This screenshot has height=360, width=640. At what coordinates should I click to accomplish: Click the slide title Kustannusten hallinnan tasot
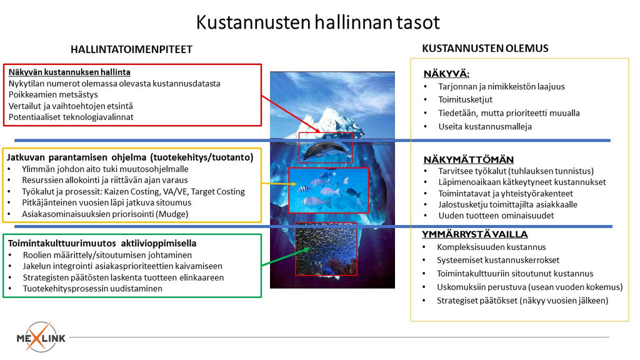(317, 22)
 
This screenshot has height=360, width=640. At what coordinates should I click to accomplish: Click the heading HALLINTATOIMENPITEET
(131, 49)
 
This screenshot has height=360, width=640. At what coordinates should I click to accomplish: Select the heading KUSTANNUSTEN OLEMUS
(485, 48)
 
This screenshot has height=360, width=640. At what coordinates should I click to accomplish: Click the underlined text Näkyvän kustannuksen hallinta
(69, 72)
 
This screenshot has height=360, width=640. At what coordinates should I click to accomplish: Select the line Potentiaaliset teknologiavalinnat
(71, 117)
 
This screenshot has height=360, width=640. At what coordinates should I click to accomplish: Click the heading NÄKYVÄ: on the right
(446, 74)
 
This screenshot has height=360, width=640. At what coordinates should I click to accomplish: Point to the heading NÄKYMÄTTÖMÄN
(469, 160)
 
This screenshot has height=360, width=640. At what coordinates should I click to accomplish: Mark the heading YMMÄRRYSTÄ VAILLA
(476, 234)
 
